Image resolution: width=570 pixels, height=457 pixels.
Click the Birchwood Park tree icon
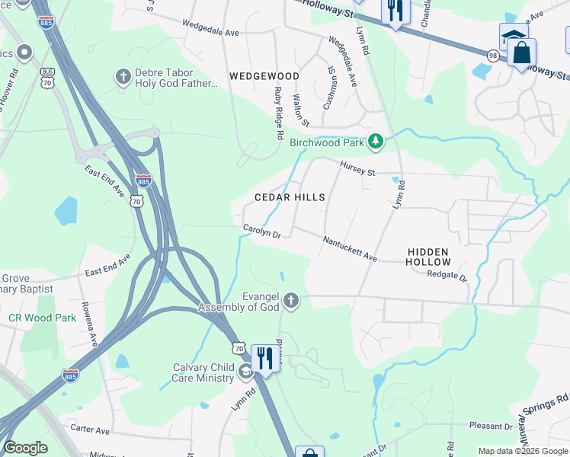(x=375, y=141)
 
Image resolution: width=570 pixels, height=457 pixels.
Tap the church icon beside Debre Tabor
(x=123, y=76)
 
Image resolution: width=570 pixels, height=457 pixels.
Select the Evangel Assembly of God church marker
(x=290, y=302)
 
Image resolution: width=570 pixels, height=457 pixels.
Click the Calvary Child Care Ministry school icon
(x=245, y=372)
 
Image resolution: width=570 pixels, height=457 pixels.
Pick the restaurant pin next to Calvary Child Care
(x=264, y=357)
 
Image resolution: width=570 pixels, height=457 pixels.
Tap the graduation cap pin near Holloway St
(x=513, y=37)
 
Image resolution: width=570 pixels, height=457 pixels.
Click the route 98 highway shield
(x=494, y=55)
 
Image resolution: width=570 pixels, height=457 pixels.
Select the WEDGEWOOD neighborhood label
(x=264, y=76)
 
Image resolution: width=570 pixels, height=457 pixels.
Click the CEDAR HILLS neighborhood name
(x=290, y=197)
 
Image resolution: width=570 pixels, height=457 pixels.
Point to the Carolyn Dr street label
(x=262, y=230)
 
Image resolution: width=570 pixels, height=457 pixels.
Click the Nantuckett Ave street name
(x=350, y=248)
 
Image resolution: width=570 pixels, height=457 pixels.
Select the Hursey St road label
(x=357, y=168)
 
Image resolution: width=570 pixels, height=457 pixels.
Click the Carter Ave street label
(x=91, y=429)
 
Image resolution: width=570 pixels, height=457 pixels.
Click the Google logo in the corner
(x=26, y=448)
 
